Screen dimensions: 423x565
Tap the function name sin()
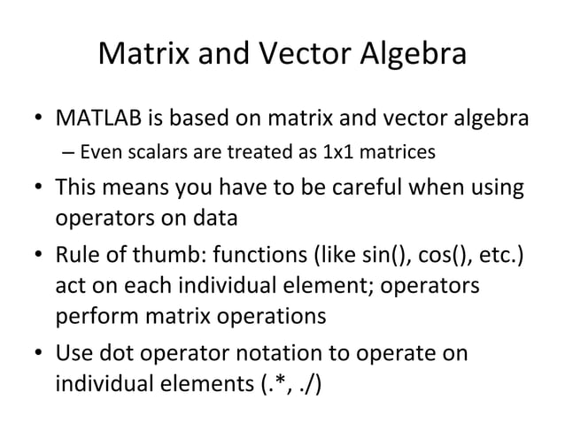point(387,258)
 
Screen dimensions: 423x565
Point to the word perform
point(90,316)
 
